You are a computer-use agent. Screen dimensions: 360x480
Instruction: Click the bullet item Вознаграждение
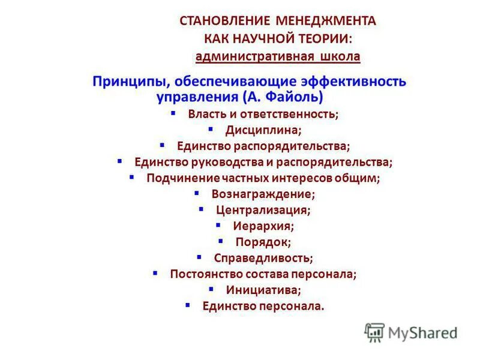(x=263, y=194)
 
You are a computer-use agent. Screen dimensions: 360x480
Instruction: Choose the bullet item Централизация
(x=263, y=211)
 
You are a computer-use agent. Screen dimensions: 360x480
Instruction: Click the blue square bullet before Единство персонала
(x=188, y=305)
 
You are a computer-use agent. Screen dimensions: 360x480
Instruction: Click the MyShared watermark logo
(x=412, y=332)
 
